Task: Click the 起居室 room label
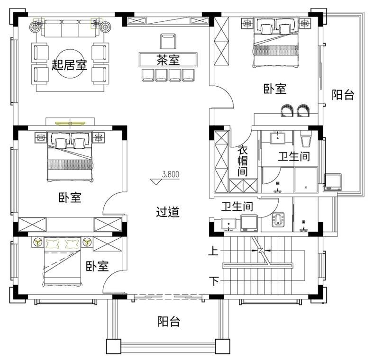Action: click(69, 65)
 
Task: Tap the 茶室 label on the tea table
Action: click(168, 60)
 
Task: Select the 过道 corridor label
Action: click(168, 212)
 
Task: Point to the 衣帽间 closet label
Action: click(242, 161)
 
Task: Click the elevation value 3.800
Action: click(171, 174)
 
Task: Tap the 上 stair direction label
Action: click(213, 251)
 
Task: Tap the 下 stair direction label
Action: click(214, 281)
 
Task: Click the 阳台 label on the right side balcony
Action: click(343, 94)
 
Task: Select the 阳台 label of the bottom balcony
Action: click(168, 321)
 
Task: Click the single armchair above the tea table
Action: click(168, 41)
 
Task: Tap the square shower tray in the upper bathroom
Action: click(306, 180)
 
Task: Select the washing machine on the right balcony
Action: click(333, 182)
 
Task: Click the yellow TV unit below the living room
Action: click(70, 123)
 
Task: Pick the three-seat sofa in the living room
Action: click(70, 28)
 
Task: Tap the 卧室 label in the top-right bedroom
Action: click(275, 89)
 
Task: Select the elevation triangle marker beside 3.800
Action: click(156, 182)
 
